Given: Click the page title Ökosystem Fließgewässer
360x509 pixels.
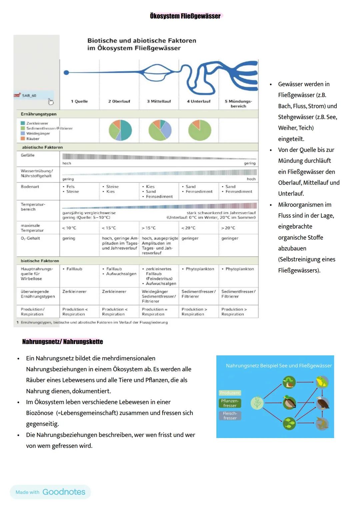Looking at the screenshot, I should (x=185, y=16).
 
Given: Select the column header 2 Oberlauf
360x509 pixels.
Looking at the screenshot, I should (x=119, y=101).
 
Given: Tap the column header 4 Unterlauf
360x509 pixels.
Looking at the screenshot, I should (x=199, y=101).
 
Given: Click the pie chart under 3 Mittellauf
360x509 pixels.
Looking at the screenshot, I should (x=160, y=130).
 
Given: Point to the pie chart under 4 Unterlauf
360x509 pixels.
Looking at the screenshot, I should (x=200, y=130).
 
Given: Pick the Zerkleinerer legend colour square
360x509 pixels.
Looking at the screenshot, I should (x=23, y=123).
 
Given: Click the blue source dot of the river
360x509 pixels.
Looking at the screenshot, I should (x=66, y=72).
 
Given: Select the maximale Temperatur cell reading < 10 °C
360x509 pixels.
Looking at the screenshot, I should (x=69, y=228).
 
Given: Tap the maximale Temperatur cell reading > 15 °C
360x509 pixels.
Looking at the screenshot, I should (x=149, y=228).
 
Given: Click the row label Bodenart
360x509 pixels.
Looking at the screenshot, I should (x=30, y=187).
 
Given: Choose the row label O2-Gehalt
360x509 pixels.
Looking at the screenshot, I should (x=30, y=238).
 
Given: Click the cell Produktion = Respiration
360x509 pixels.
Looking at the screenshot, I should (x=155, y=312).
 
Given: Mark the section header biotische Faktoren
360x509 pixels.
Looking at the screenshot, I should (x=40, y=261).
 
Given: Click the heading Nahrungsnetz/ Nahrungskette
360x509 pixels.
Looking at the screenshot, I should (x=63, y=342).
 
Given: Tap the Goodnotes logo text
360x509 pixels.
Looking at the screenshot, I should (x=64, y=492).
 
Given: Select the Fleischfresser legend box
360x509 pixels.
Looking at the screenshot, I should (x=230, y=416).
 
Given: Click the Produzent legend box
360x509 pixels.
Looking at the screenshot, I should (x=230, y=393).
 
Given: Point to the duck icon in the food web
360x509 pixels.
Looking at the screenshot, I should (x=289, y=402).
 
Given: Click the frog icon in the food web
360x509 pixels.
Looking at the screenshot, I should (x=322, y=382).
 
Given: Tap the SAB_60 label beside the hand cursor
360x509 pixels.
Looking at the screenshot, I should (x=29, y=96).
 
